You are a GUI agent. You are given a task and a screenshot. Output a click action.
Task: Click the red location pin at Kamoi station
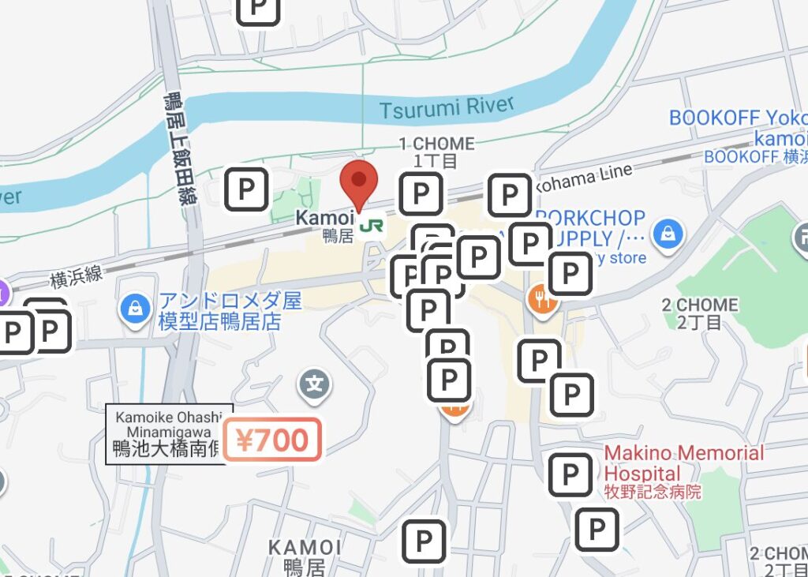[359, 182]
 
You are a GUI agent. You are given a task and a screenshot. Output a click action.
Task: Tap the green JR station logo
[368, 227]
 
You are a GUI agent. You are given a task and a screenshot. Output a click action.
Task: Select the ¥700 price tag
[272, 439]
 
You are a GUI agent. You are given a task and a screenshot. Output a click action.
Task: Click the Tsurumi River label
[446, 107]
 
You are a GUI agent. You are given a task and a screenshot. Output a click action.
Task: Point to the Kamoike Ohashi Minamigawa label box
[169, 433]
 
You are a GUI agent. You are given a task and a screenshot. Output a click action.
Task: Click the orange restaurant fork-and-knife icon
[541, 298]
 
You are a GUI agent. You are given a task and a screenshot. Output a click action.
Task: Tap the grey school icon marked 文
[315, 385]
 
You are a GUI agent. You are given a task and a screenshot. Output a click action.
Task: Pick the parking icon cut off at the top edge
[259, 9]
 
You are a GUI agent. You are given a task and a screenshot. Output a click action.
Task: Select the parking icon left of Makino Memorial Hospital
[570, 474]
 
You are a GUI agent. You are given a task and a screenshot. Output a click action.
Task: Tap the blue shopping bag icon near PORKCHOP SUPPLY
[668, 233]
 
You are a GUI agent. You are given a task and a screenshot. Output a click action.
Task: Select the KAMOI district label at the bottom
[305, 556]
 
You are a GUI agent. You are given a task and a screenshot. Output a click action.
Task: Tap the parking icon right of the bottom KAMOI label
[424, 541]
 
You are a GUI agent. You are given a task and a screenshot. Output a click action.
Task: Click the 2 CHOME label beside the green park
[700, 313]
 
